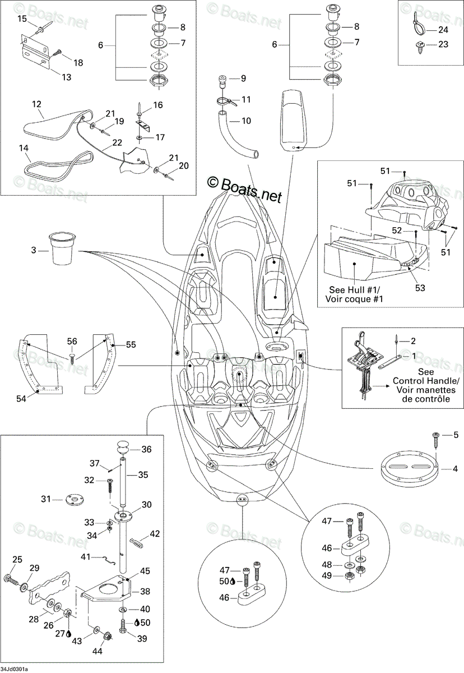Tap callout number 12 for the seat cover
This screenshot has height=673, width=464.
coord(36,104)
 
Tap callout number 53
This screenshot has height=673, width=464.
coord(420,288)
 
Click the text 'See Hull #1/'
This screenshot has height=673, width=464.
coord(354,290)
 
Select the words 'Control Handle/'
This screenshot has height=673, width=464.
coord(426,381)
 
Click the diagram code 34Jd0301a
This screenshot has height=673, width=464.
coord(15,669)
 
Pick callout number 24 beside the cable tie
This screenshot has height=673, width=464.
coord(443,30)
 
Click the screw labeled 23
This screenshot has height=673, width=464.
coord(419,47)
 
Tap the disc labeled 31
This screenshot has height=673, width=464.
coord(73,500)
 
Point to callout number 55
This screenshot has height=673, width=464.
coord(131,344)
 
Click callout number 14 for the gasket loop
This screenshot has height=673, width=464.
coord(24,148)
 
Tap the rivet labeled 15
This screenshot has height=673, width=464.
coord(45,27)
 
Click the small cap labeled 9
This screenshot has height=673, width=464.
coord(222,81)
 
